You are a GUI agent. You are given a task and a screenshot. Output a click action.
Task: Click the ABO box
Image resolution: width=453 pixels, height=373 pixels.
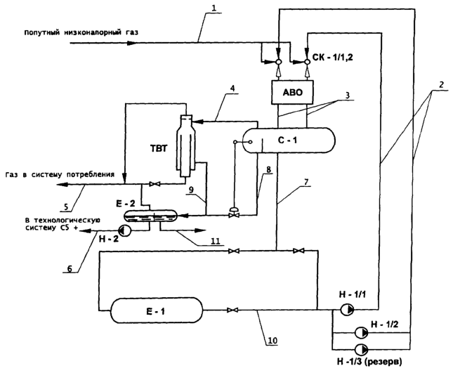pyautogui.click(x=292, y=92)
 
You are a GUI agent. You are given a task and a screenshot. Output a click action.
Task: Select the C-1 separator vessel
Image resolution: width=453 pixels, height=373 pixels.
pyautogui.click(x=289, y=140)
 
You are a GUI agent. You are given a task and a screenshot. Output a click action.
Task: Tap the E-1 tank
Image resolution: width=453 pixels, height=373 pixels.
pyautogui.click(x=157, y=310)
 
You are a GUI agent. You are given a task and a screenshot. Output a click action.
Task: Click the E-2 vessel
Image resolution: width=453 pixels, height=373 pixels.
pyautogui.click(x=150, y=216)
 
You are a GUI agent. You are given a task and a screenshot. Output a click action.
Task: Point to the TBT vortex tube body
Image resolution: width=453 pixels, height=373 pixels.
pyautogui.click(x=185, y=146)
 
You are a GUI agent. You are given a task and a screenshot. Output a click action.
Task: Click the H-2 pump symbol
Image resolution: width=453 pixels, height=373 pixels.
pyautogui.click(x=125, y=230)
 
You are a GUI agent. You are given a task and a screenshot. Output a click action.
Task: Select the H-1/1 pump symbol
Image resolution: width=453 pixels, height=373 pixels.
pyautogui.click(x=346, y=310)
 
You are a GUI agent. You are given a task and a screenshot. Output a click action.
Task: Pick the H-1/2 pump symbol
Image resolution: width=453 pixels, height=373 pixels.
pyautogui.click(x=361, y=333)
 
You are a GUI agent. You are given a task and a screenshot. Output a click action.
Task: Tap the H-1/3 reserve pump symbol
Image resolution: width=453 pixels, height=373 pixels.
pyautogui.click(x=361, y=349)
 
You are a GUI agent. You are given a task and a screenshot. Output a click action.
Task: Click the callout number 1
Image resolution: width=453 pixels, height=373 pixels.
pyautogui.click(x=214, y=8)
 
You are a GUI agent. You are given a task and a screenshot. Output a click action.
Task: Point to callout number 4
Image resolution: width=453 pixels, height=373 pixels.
pyautogui.click(x=233, y=88)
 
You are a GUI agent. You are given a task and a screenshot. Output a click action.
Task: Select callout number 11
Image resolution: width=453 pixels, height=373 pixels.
pyautogui.click(x=215, y=241)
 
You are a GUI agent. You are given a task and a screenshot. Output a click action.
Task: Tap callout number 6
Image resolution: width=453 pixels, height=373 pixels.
pyautogui.click(x=70, y=268)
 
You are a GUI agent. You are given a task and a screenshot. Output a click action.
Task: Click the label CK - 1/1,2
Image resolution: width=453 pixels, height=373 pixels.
pyautogui.click(x=332, y=57)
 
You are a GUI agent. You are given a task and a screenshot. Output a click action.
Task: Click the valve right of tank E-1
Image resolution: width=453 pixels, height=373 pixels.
pyautogui.click(x=232, y=310)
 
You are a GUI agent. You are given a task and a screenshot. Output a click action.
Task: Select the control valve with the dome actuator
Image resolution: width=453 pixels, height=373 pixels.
pyautogui.click(x=233, y=213)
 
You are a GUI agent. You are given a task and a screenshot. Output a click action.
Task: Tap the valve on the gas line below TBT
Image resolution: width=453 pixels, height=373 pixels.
pyautogui.click(x=155, y=184)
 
